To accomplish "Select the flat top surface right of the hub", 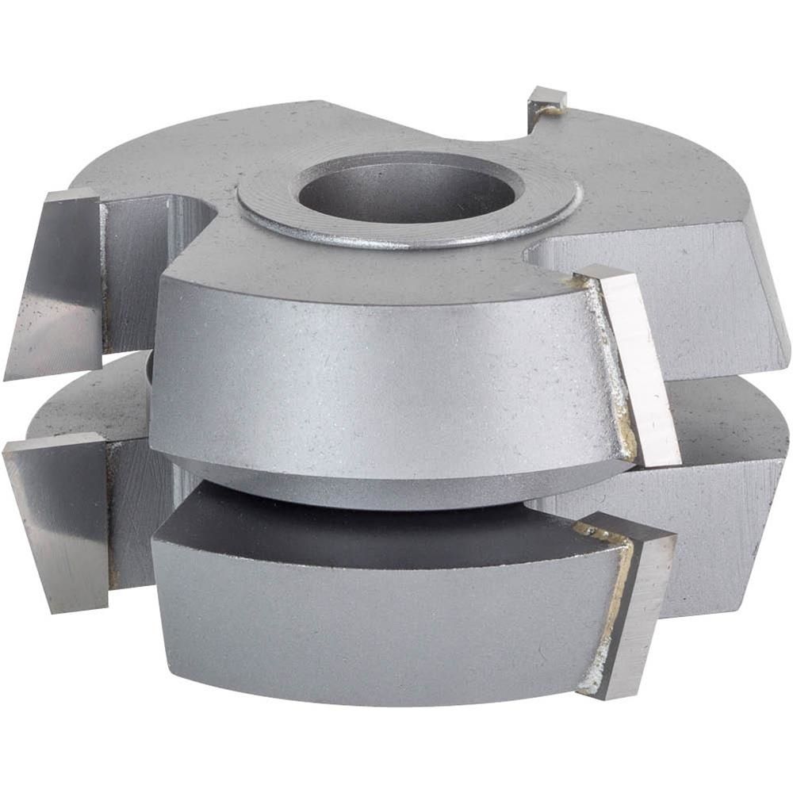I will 650,182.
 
